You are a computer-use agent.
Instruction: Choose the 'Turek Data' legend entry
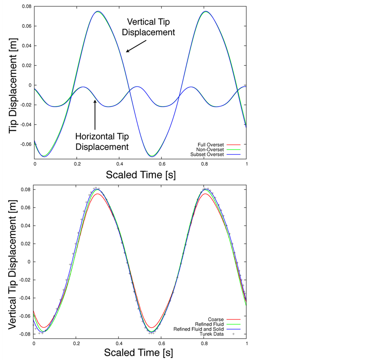(x=212, y=334)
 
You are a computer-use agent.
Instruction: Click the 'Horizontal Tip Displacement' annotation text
(x=102, y=141)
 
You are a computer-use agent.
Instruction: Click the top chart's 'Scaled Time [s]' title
(x=141, y=174)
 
